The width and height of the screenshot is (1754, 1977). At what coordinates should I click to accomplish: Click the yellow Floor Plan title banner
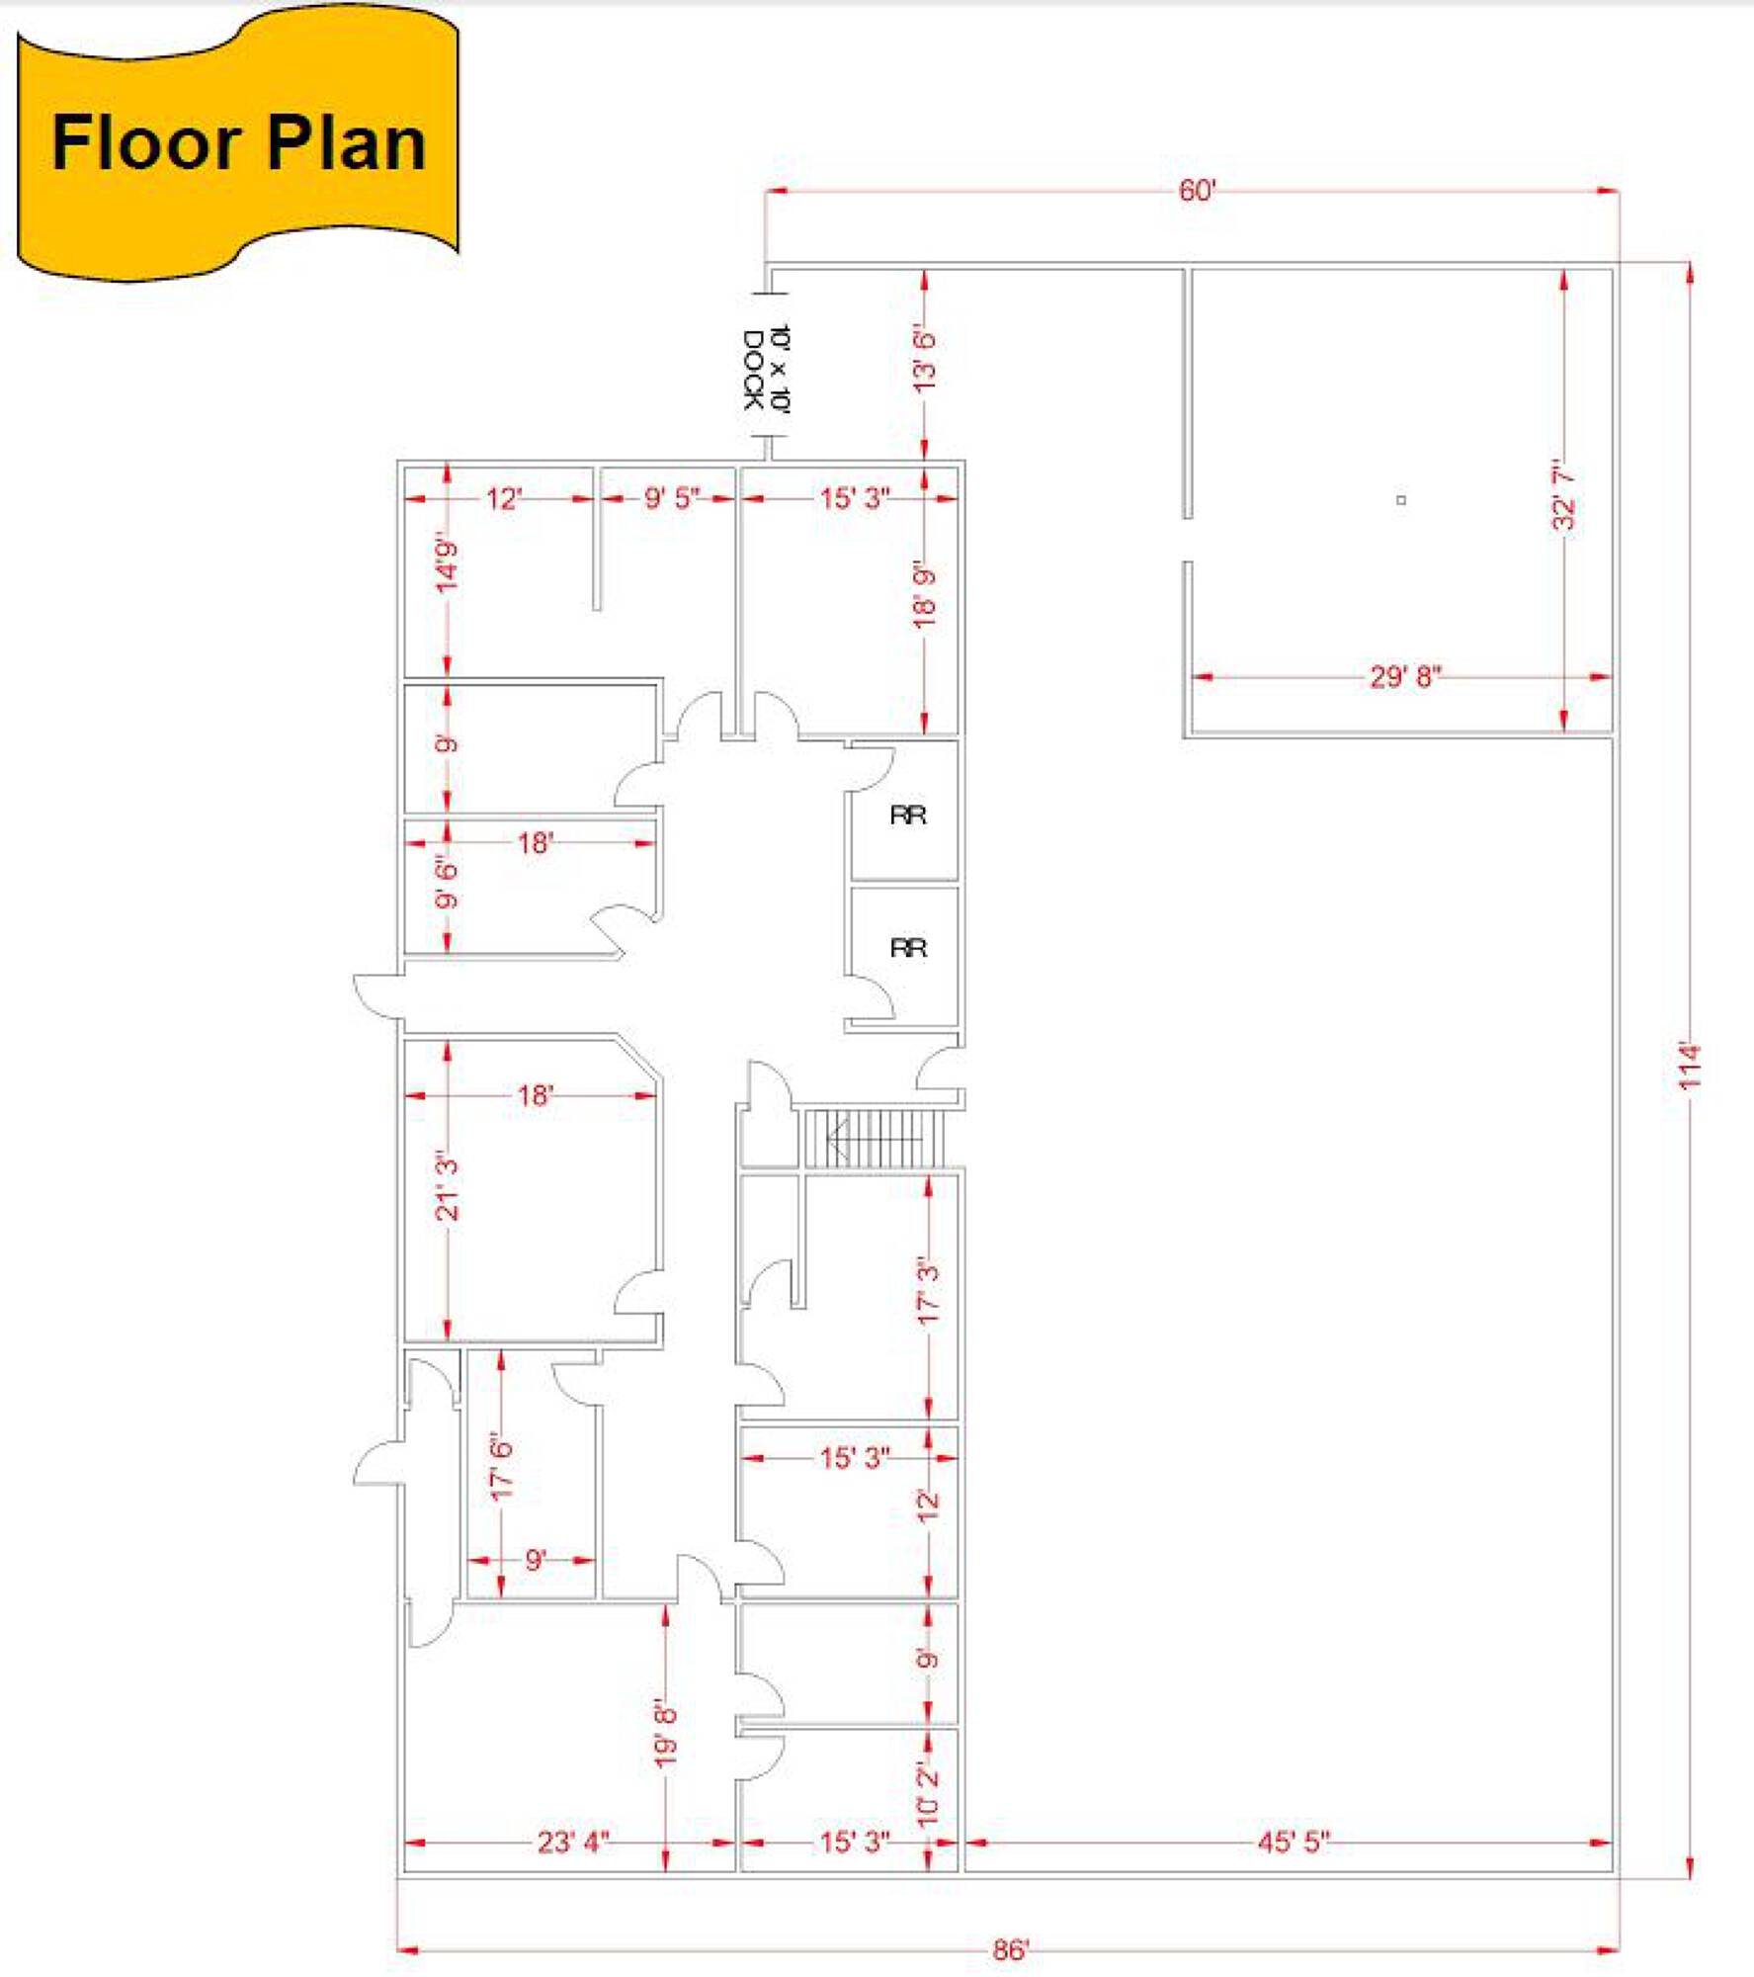[x=237, y=143]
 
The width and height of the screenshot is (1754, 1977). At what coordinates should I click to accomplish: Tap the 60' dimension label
[x=1197, y=191]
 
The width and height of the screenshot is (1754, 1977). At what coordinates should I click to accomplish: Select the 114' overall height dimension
[x=1691, y=1067]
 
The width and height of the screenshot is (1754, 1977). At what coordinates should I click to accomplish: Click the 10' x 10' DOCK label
[x=766, y=371]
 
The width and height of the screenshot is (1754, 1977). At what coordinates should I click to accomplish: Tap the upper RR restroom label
[x=908, y=815]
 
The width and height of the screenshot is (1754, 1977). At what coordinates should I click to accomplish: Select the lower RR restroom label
[x=908, y=948]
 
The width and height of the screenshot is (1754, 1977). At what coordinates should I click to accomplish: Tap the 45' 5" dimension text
[x=1294, y=1842]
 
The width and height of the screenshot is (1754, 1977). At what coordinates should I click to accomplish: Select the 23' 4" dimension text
[x=573, y=1842]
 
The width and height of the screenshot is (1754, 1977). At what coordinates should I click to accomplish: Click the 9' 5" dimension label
[x=672, y=497]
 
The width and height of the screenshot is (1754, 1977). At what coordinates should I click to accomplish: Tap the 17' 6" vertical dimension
[x=502, y=1469]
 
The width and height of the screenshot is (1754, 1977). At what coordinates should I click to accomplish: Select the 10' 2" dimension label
[x=928, y=1794]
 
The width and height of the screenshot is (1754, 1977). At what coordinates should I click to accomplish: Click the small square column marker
[x=1400, y=500]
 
